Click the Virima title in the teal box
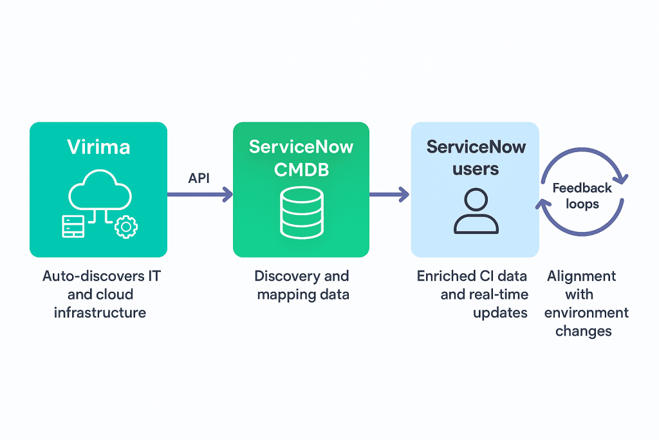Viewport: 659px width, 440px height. pos(98,146)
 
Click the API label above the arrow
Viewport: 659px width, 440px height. pos(200,178)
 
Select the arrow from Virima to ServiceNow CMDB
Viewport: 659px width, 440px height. pos(200,193)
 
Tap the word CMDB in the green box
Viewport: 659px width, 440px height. pos(301,169)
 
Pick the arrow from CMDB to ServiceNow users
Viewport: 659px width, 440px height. pos(389,193)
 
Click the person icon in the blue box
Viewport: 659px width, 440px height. pos(476,212)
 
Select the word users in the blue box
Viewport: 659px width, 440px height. pos(476,169)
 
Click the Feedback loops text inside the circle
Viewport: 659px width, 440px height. pos(582,196)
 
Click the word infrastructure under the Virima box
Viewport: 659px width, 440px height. pos(100,313)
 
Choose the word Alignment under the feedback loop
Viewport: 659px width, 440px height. pos(582,276)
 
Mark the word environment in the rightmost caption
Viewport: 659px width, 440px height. pos(586,313)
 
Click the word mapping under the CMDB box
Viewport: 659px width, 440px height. pos(284,295)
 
